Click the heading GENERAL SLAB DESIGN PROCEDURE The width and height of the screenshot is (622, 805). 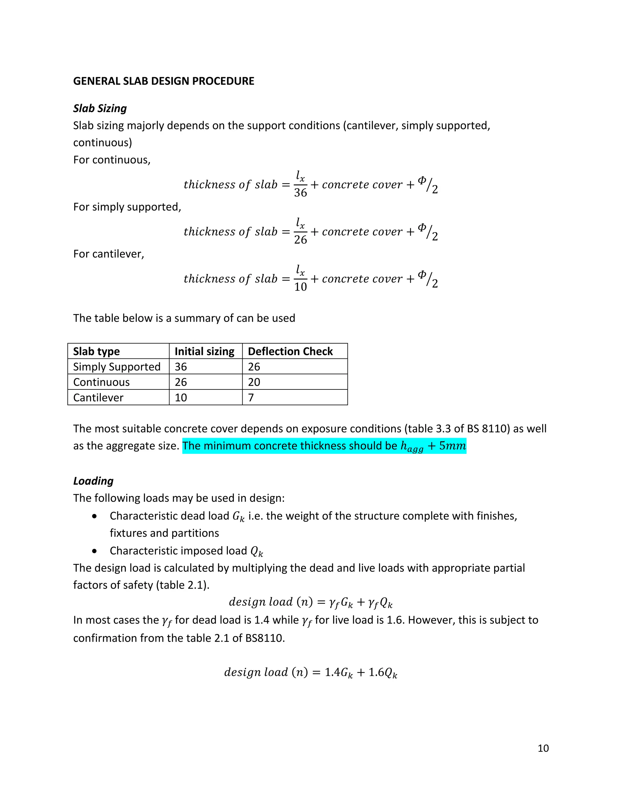(164, 81)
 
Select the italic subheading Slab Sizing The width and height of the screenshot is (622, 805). (100, 108)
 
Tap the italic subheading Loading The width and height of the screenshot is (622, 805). (93, 481)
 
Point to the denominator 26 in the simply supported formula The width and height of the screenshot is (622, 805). (300, 240)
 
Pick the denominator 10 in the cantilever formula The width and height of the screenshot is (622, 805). (300, 287)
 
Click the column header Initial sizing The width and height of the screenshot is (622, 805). (204, 351)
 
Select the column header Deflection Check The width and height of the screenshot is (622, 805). (290, 351)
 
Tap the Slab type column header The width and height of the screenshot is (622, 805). (96, 351)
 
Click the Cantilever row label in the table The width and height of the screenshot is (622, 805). (98, 398)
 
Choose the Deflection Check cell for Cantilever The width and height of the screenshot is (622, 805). (251, 398)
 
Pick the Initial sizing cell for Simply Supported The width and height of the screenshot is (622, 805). (181, 367)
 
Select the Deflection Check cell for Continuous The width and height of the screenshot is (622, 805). (254, 382)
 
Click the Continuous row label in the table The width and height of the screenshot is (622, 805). (101, 382)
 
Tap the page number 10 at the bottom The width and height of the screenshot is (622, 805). (543, 748)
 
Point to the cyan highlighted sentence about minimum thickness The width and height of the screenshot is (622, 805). (324, 446)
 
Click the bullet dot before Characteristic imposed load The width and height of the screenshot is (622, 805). (95, 551)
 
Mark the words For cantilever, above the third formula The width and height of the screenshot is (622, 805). (109, 254)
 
